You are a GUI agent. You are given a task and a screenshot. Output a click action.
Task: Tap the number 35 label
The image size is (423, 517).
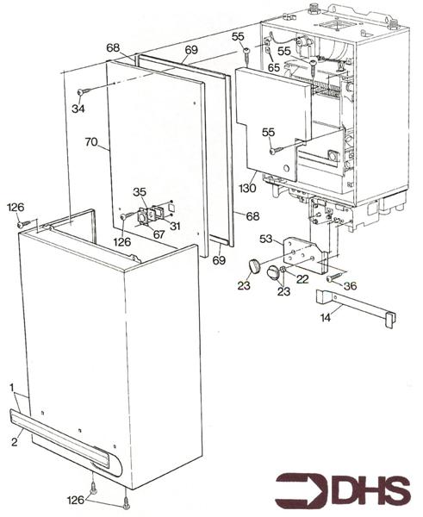[140, 191]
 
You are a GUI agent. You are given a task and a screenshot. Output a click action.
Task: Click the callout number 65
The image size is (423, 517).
[273, 66]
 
